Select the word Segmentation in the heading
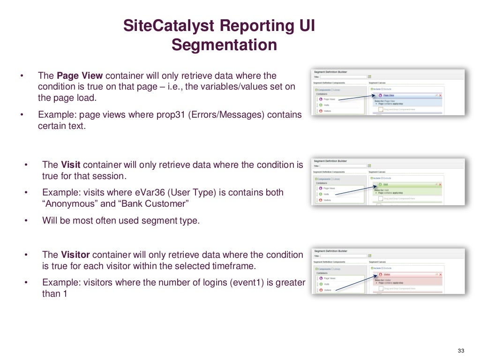[x=224, y=45]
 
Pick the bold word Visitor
[x=75, y=255]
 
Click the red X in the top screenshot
[x=440, y=95]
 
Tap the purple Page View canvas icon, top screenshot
[x=379, y=95]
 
